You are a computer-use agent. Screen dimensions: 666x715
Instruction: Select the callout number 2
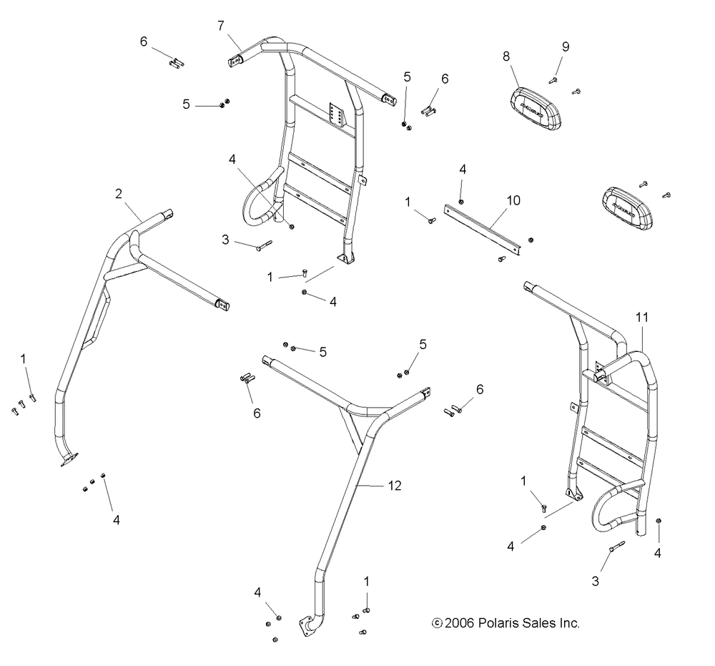coord(119,192)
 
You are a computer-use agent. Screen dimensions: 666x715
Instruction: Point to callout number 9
coord(566,47)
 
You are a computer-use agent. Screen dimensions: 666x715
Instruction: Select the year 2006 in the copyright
coord(458,623)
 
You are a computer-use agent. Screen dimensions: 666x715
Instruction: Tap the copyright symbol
coord(437,623)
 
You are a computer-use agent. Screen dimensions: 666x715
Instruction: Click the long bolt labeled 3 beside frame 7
coord(262,245)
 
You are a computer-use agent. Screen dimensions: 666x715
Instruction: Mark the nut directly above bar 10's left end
coord(461,202)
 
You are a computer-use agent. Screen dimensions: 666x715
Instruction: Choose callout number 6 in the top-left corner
coord(144,42)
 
